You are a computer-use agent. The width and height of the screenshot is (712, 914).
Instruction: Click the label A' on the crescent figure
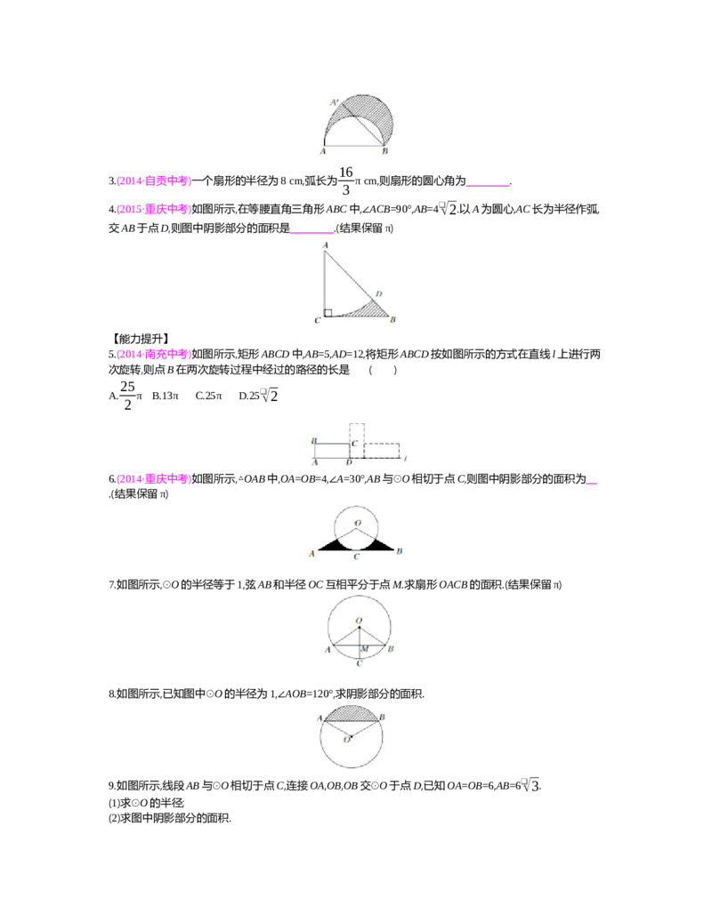(333, 103)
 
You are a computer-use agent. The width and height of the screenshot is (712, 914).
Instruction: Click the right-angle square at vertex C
(328, 312)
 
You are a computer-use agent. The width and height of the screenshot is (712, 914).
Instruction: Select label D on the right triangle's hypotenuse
(379, 293)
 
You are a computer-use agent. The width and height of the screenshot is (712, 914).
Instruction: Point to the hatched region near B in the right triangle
(380, 310)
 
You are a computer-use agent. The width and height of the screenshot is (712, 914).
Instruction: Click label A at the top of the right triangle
(326, 245)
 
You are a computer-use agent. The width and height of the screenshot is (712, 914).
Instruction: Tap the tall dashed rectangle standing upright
(356, 440)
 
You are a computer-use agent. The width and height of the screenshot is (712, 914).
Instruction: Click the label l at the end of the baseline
(405, 460)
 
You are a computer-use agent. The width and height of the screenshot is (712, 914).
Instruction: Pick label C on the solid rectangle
(354, 442)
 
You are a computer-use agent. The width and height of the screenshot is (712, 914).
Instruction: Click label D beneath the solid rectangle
(349, 463)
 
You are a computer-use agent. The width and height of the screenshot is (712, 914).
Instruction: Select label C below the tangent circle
(356, 557)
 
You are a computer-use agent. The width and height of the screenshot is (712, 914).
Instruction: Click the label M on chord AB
(364, 649)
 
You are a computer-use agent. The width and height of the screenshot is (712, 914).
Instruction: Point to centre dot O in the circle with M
(358, 628)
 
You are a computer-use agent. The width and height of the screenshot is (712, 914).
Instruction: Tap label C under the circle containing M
(358, 663)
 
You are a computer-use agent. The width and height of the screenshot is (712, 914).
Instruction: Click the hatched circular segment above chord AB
(356, 712)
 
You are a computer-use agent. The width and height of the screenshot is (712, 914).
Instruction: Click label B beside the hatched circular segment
(382, 717)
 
